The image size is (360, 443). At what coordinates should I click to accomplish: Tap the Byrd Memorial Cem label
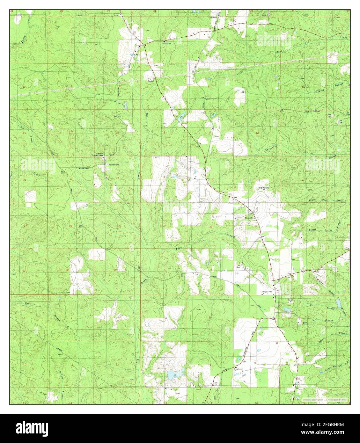(x=264, y=189)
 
